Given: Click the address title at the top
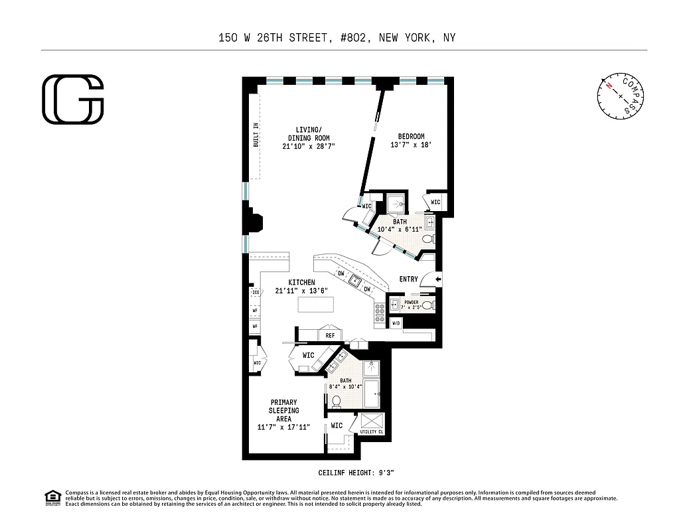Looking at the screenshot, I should point(337,38).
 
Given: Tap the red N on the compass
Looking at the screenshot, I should point(608,85).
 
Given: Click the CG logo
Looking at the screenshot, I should point(73,100).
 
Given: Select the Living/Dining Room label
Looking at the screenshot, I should point(308,133).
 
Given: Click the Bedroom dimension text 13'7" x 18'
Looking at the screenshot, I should point(411,145).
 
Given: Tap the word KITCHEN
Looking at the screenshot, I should point(301,283).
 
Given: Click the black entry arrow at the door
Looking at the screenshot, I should point(437,279).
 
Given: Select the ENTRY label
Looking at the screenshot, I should point(409,279).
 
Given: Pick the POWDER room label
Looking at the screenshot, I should point(411,302).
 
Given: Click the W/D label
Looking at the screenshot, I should point(396,323).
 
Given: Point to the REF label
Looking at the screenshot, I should point(329,336).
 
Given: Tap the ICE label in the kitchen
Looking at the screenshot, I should point(255,293).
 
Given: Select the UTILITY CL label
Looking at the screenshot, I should point(372,431).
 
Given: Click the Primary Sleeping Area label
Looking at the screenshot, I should point(283,410).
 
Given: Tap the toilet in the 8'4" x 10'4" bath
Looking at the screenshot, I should point(337,401).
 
